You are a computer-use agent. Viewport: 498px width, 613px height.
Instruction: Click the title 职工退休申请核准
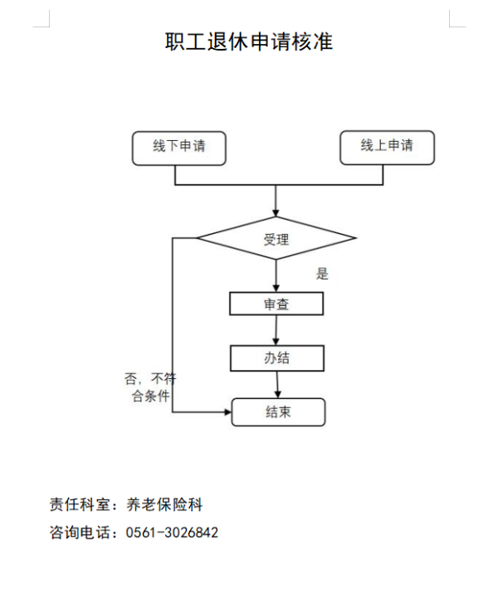click(x=249, y=41)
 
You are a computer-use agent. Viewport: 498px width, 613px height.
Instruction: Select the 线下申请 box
click(x=179, y=148)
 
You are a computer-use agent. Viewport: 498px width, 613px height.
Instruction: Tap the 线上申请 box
click(x=388, y=148)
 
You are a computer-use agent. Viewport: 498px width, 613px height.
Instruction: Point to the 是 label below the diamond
click(x=322, y=274)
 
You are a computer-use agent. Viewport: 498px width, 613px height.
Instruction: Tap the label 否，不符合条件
click(x=150, y=387)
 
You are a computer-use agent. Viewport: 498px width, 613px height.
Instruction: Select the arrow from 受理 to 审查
click(x=276, y=275)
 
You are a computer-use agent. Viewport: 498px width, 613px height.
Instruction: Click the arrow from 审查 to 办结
click(x=276, y=330)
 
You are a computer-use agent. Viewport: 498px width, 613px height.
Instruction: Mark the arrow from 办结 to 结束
click(x=277, y=385)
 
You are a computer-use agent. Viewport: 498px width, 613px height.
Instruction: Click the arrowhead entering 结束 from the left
click(x=227, y=412)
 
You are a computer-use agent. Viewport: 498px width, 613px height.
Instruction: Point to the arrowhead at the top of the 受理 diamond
click(x=276, y=213)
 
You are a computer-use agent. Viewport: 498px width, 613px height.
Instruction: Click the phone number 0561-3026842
click(x=172, y=533)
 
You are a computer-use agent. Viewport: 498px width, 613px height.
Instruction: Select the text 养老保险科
click(x=164, y=504)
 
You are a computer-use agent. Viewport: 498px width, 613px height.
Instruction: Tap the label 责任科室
click(x=80, y=504)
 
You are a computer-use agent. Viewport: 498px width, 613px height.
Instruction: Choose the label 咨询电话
click(x=80, y=533)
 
